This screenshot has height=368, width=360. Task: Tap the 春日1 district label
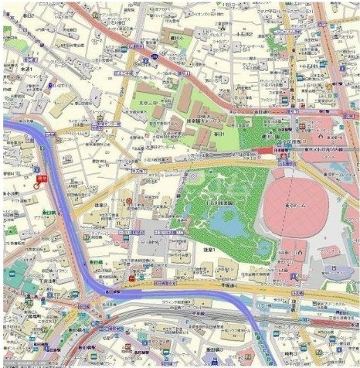pyautogui.click(x=219, y=135)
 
